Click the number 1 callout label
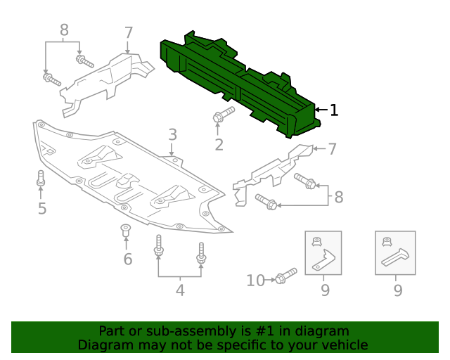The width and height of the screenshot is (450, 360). (334, 110)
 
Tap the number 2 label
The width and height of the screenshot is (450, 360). (219, 146)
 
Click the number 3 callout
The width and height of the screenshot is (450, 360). (172, 135)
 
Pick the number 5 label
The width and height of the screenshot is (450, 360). (42, 208)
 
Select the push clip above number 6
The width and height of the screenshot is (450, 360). (126, 230)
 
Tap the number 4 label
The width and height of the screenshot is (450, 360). (180, 289)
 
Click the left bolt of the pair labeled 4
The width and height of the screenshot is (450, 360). (159, 247)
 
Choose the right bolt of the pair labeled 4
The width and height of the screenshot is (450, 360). (202, 255)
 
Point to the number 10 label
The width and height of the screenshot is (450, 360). (255, 281)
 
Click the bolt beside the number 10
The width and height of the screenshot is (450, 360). (285, 276)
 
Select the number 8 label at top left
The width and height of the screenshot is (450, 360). (64, 30)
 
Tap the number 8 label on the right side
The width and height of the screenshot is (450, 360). (338, 197)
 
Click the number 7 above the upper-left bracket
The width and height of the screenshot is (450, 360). (128, 32)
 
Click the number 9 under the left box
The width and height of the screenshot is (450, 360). (324, 289)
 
